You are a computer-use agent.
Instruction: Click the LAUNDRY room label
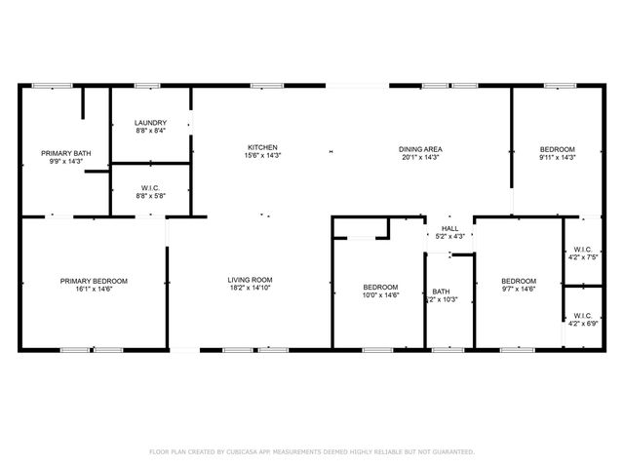click(149, 122)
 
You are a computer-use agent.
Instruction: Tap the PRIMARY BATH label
click(66, 153)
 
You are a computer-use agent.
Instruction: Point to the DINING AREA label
click(420, 149)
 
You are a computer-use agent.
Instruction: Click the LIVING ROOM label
click(250, 280)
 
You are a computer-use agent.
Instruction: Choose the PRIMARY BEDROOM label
click(94, 281)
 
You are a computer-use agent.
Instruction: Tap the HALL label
click(449, 227)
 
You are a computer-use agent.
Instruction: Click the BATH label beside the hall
click(441, 291)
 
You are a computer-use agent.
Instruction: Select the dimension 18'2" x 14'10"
click(250, 289)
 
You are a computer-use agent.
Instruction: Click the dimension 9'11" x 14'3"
click(558, 157)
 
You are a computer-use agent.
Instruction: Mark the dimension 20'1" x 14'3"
click(420, 157)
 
